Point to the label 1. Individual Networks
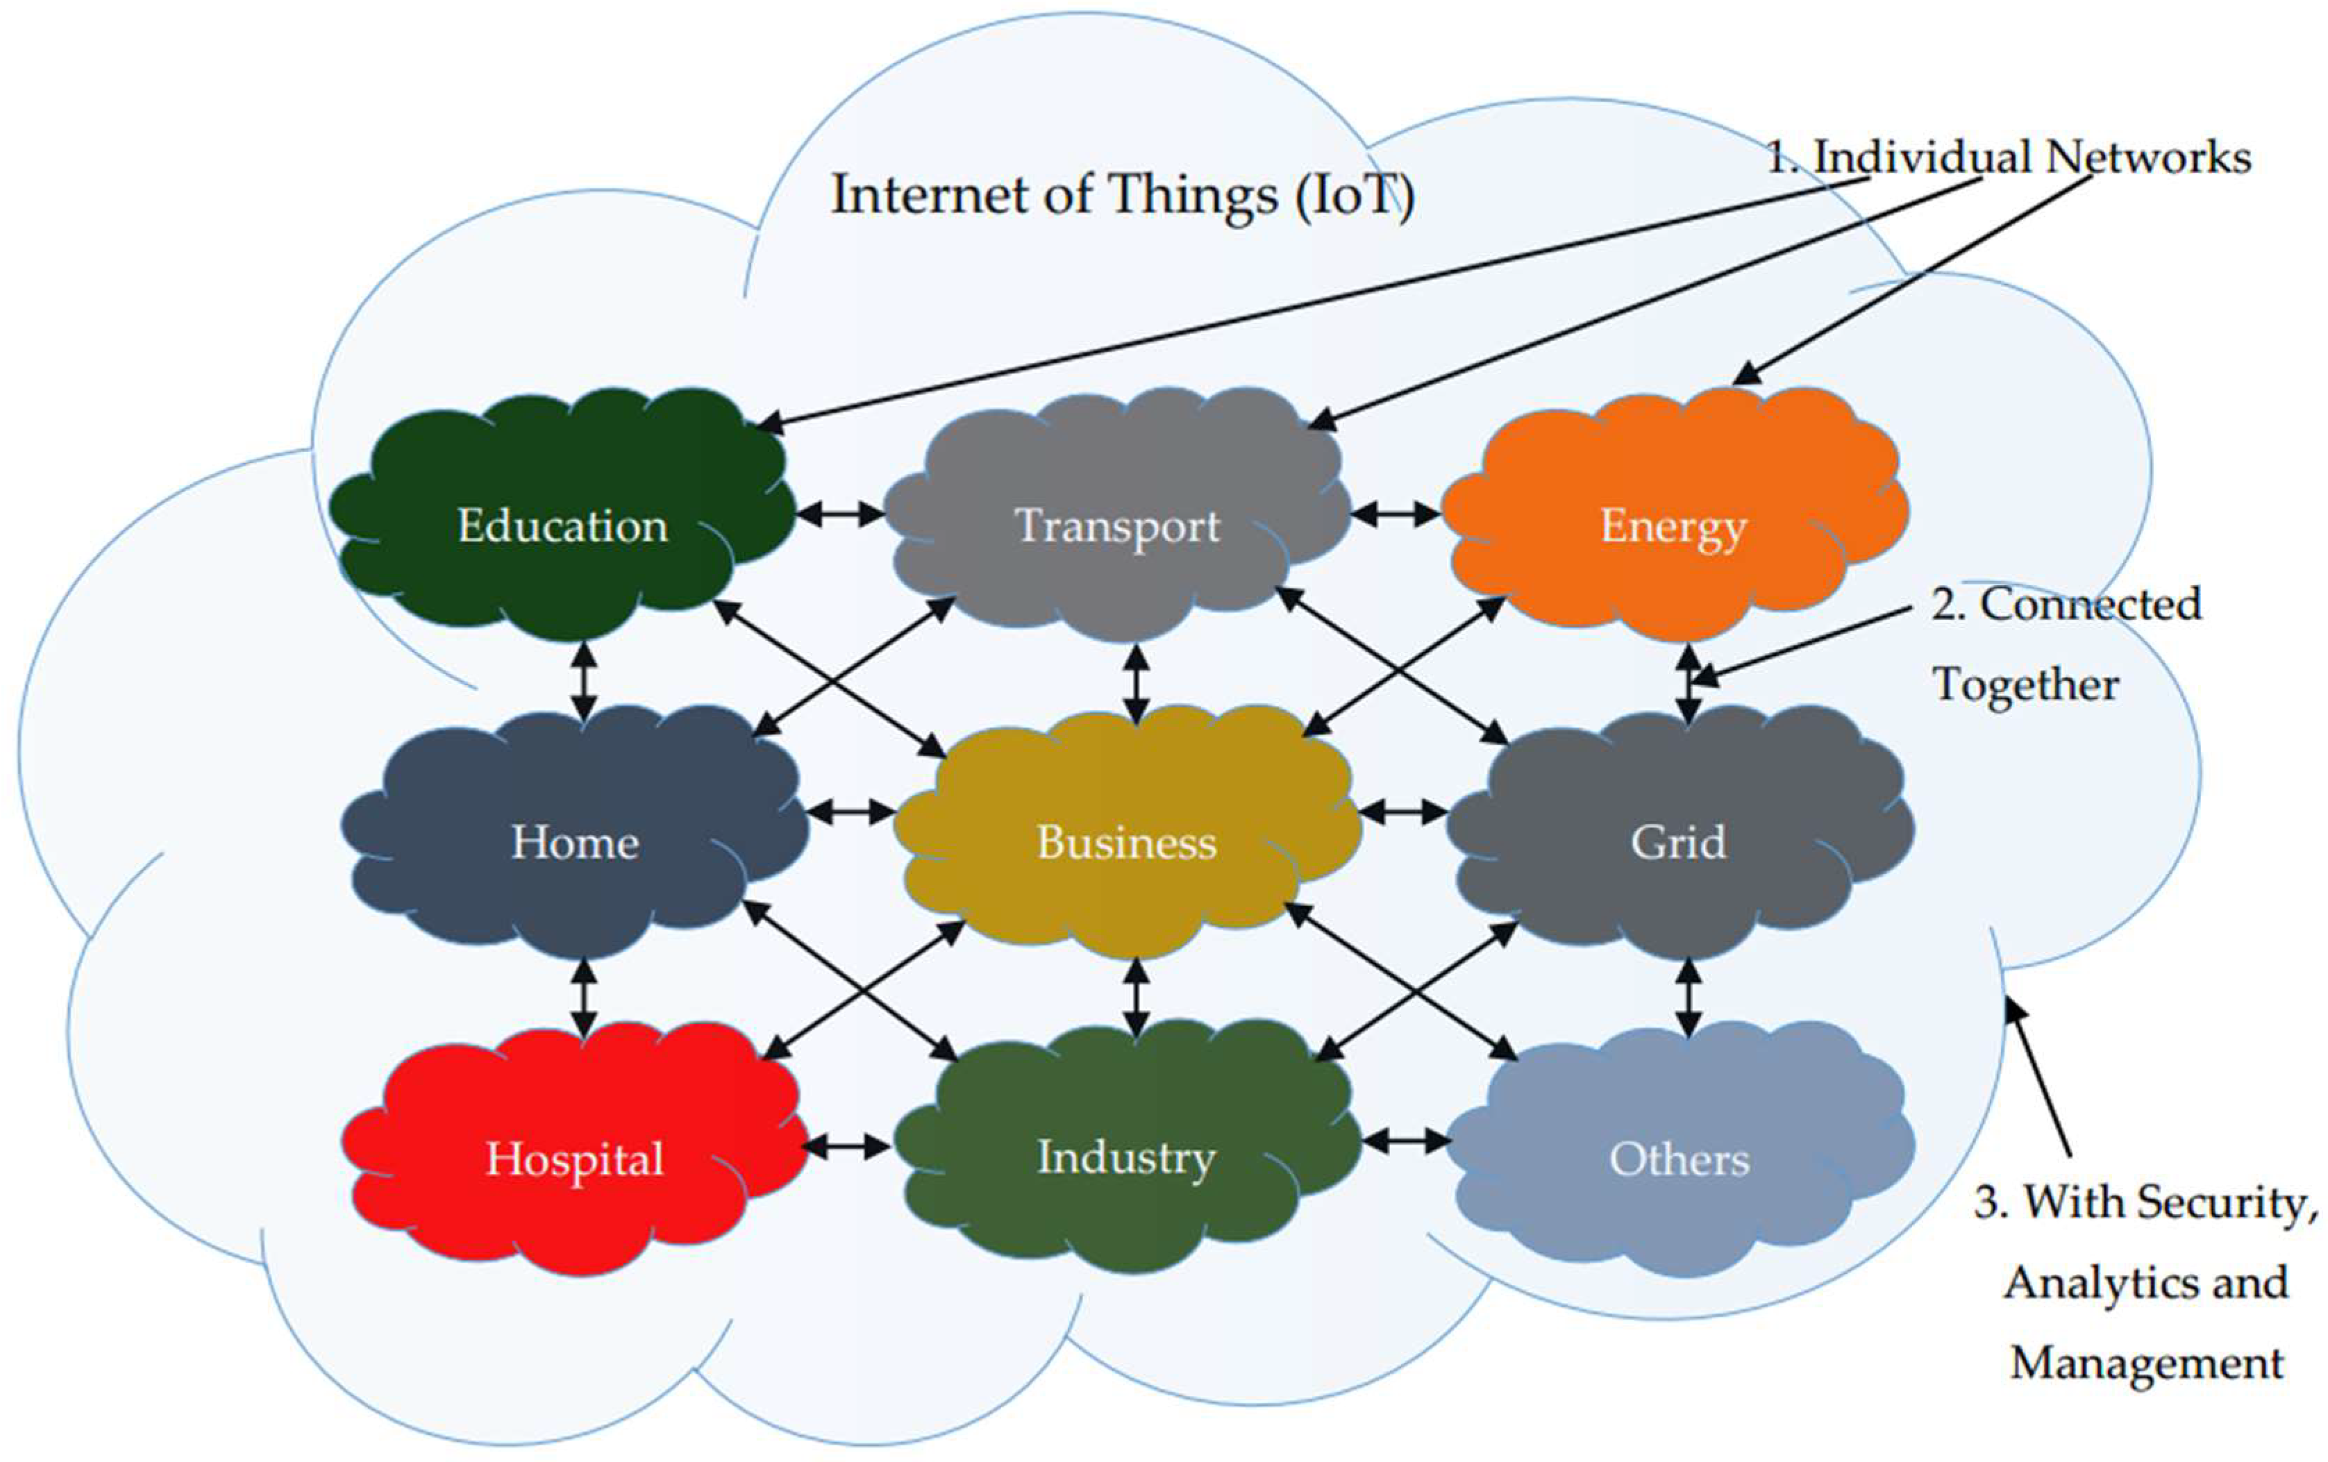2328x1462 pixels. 2009,158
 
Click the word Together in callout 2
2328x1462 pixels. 2025,684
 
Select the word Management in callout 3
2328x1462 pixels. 2146,1363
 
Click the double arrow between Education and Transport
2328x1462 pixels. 840,514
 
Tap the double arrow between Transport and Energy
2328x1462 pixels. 1396,514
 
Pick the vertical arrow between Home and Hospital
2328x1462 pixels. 583,996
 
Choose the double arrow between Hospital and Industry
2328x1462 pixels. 847,1147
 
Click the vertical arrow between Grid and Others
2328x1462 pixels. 1688,996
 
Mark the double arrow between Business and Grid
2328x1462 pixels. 1402,812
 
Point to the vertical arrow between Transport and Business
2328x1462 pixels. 1137,684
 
